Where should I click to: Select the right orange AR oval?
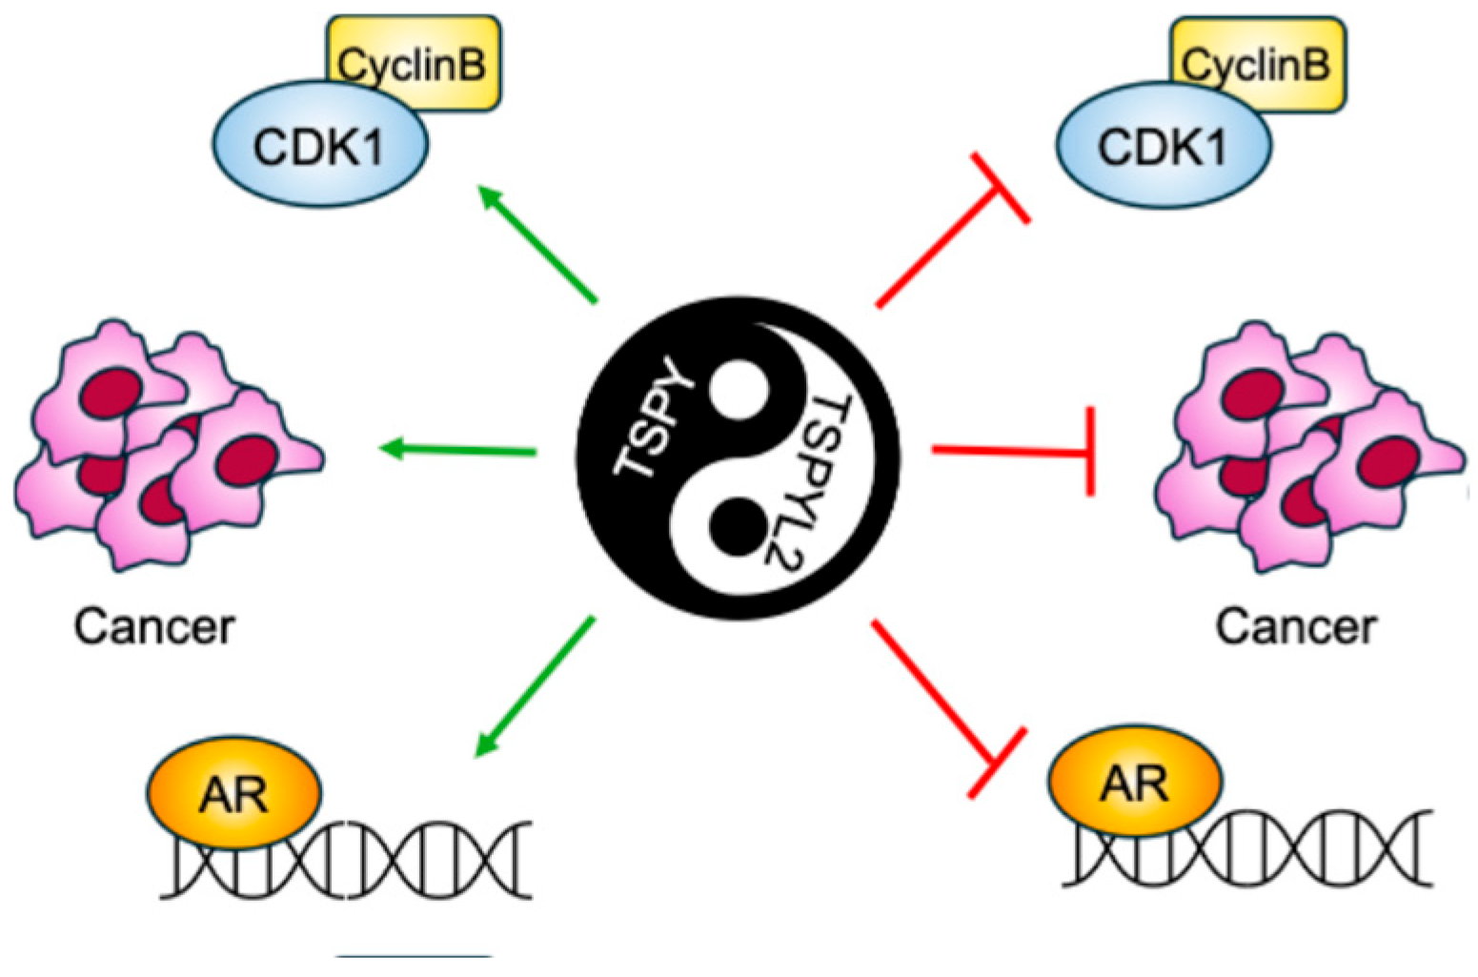click(x=1134, y=782)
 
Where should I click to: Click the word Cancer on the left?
click(x=154, y=626)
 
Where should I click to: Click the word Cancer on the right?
click(x=1296, y=626)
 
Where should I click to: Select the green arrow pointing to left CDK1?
click(x=538, y=244)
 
